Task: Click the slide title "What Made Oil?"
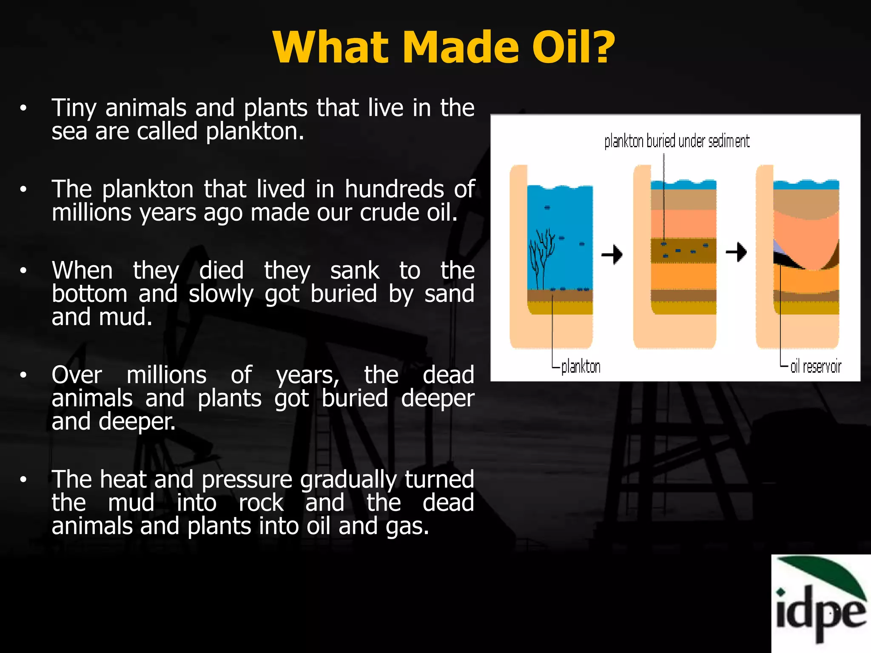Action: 444,48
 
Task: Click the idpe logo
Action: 821,604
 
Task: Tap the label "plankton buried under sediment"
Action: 677,141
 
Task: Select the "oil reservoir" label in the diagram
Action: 815,366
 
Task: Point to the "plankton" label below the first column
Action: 581,366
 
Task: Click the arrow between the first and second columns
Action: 612,255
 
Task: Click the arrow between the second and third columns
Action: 736,252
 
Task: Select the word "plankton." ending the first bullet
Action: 255,131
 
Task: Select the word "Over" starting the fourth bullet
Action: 77,375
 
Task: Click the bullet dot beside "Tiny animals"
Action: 23,108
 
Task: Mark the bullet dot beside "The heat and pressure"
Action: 23,480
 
